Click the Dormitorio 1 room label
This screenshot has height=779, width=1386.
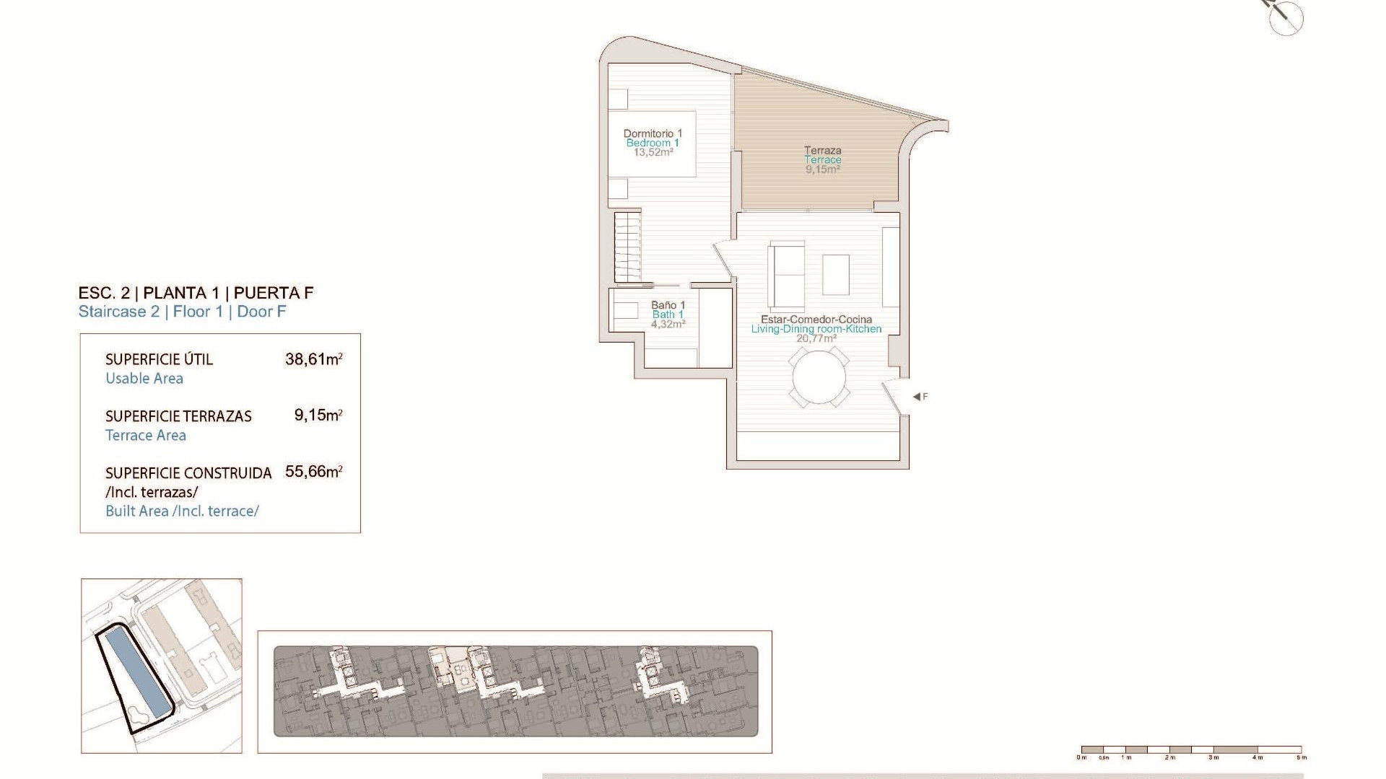[x=653, y=133]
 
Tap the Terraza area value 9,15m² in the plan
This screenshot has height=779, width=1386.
[x=822, y=170]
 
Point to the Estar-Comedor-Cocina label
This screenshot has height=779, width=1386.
[x=816, y=320]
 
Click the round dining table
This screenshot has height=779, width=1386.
[x=819, y=377]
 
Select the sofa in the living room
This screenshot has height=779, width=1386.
[x=786, y=276]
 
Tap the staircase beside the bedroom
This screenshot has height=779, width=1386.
[x=628, y=247]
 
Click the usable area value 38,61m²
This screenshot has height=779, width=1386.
[x=313, y=358]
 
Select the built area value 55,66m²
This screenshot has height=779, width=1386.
[x=313, y=472]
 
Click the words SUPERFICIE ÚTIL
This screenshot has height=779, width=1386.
[x=159, y=359]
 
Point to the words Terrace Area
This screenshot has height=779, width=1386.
[x=146, y=436]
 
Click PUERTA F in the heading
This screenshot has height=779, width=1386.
[x=274, y=293]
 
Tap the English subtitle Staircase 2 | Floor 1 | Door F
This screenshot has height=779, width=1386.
[x=182, y=312]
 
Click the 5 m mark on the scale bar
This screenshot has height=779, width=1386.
[x=1301, y=757]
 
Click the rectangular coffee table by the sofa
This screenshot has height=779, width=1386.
[x=836, y=275]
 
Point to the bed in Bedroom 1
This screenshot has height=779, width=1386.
[x=652, y=144]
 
